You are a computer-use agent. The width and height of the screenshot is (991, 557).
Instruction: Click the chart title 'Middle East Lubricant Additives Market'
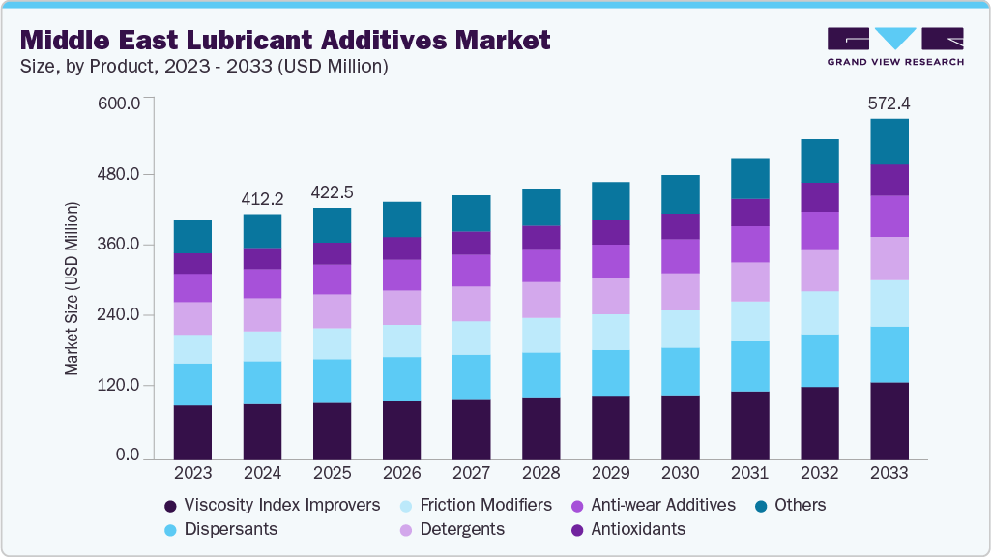point(285,40)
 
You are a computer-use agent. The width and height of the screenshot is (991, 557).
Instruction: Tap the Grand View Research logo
point(895,46)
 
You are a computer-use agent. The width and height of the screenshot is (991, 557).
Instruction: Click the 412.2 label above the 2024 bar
point(262,198)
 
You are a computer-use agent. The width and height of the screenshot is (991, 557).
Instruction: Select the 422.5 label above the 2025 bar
point(332,192)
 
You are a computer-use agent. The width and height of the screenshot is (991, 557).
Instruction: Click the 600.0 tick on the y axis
point(121,103)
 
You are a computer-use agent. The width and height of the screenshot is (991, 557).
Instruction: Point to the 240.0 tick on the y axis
point(121,315)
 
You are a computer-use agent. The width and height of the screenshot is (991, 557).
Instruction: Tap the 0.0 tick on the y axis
point(129,455)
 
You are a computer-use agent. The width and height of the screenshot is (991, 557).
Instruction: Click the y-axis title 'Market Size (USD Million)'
point(72,288)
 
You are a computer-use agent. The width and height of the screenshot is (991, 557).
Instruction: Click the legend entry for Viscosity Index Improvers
point(271,505)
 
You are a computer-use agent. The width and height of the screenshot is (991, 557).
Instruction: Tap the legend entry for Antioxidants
point(628,529)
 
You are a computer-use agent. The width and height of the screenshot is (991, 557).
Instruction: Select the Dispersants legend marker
point(170,530)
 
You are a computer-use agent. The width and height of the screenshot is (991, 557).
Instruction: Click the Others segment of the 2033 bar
point(889,141)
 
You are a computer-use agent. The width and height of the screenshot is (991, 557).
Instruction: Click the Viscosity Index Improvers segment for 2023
point(192,432)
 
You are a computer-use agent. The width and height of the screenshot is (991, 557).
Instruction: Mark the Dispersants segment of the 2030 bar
point(680,371)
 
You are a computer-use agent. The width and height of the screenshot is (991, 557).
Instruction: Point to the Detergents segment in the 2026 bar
point(401,308)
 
